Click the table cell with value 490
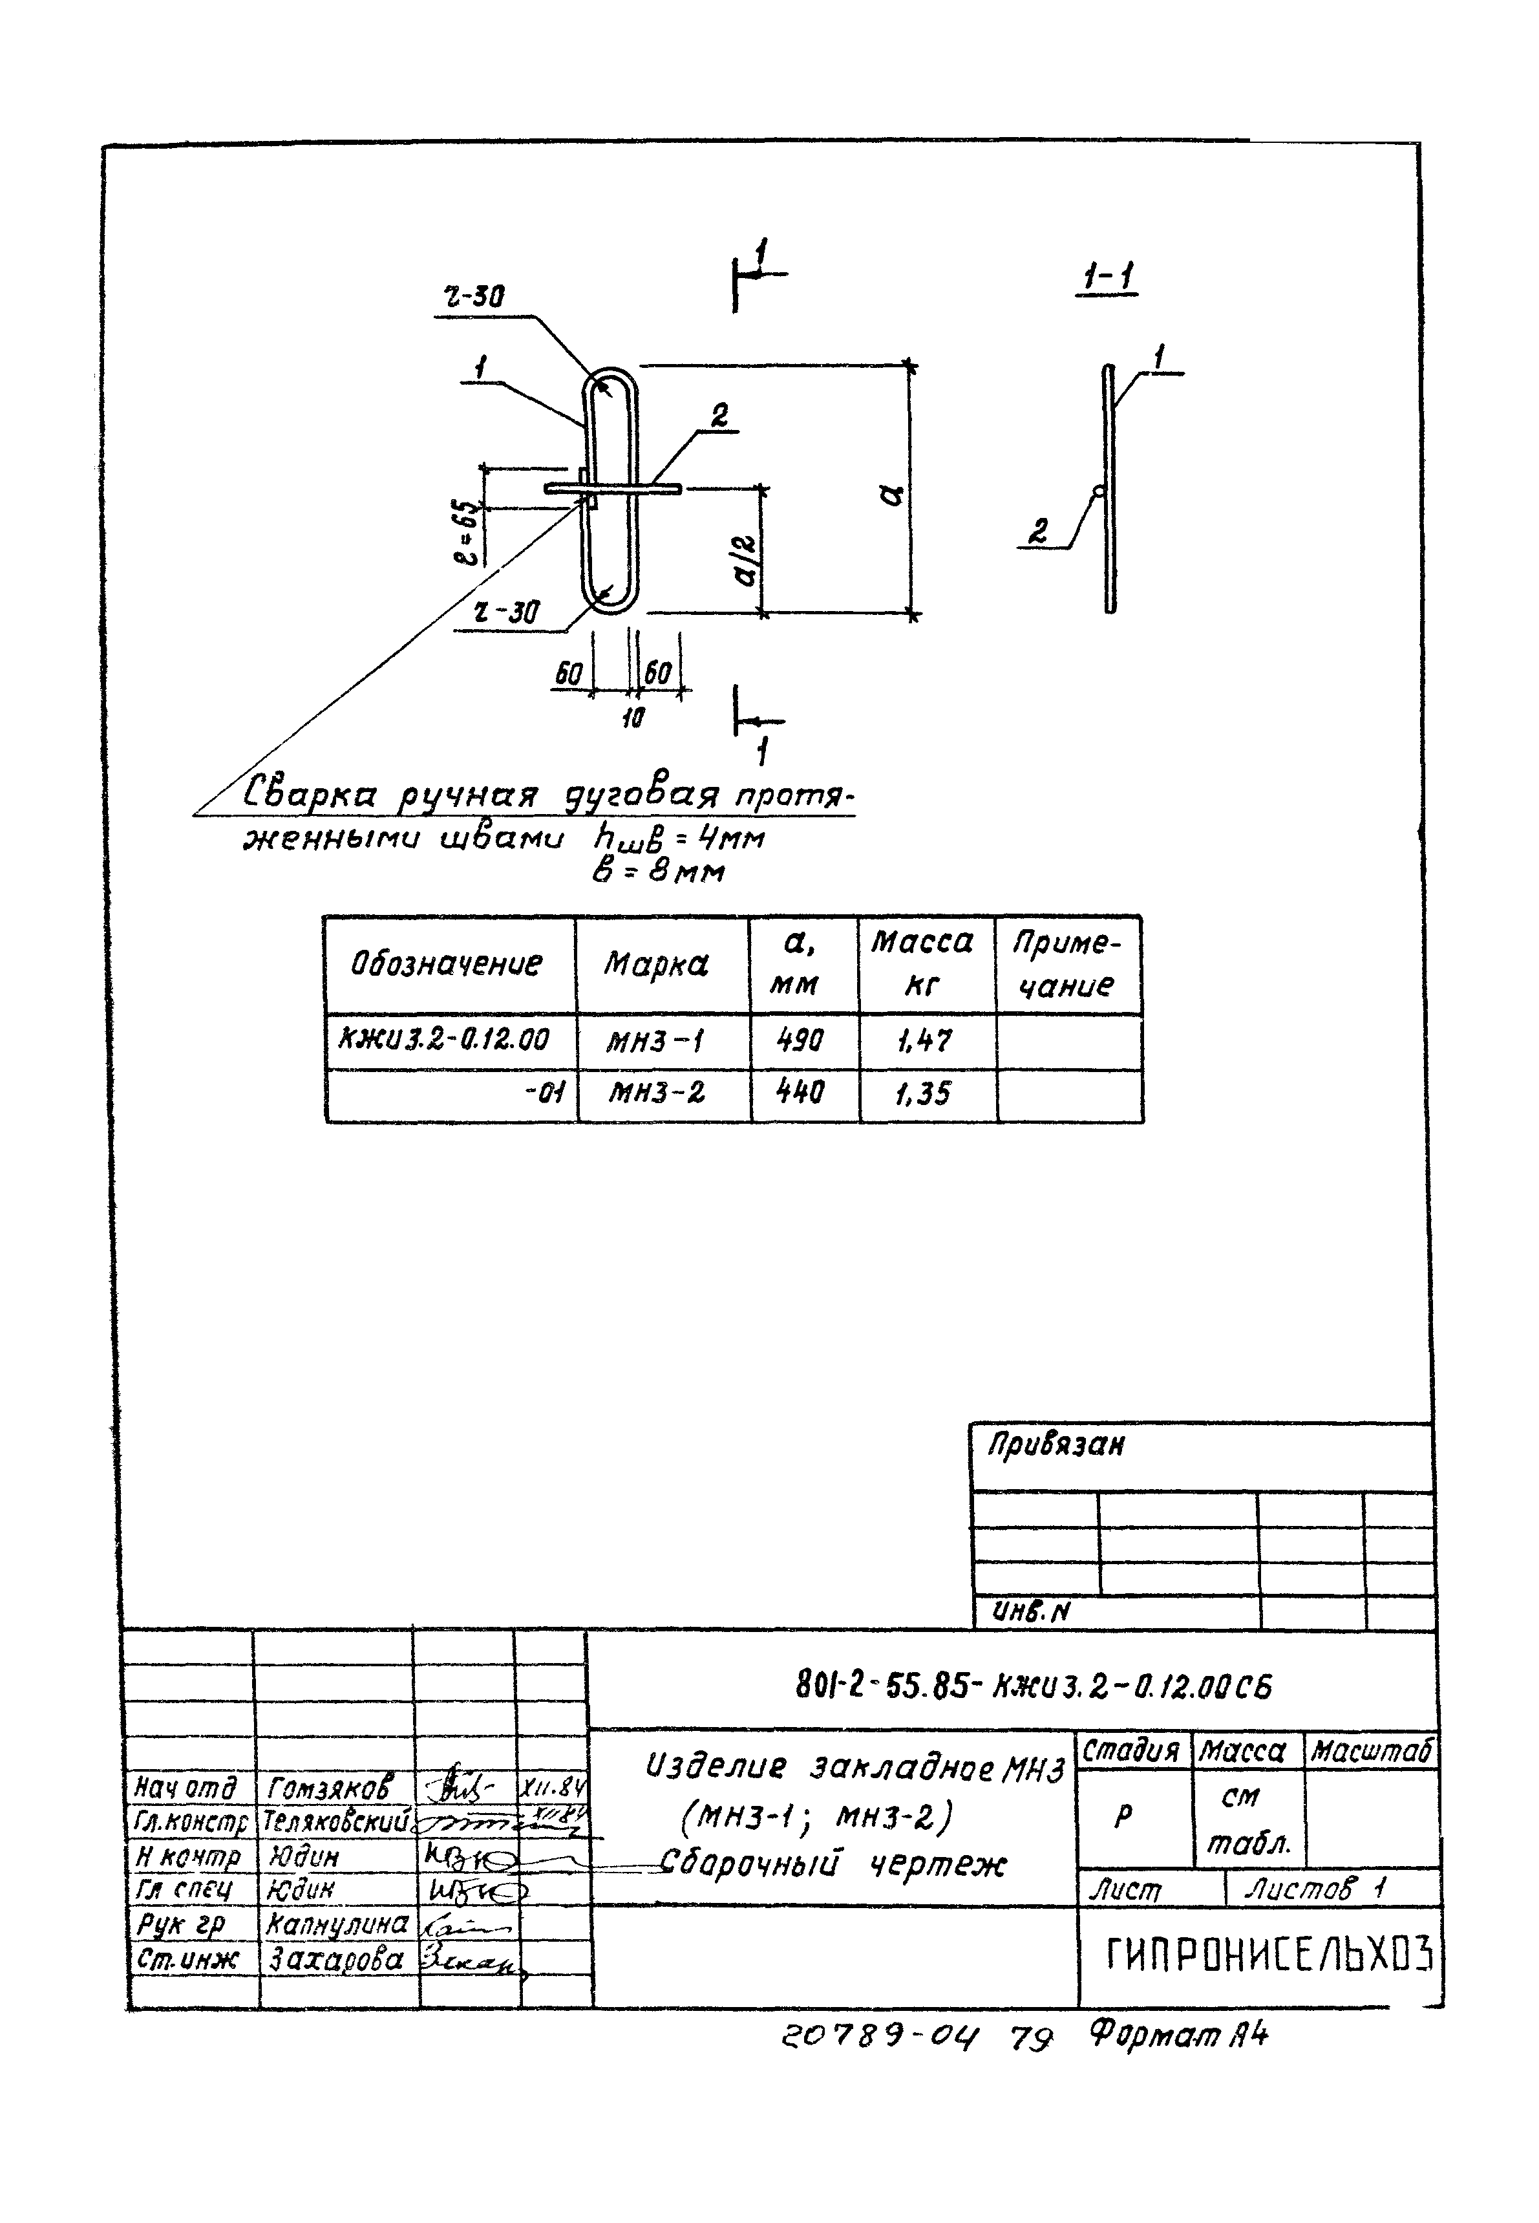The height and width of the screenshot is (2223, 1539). [800, 1040]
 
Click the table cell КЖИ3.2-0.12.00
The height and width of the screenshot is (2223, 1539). [445, 1040]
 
